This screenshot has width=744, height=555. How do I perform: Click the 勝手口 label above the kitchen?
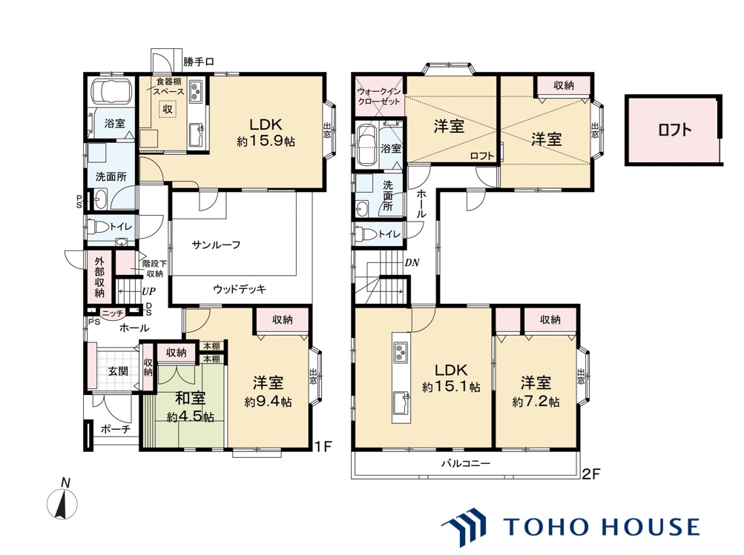tap(199, 62)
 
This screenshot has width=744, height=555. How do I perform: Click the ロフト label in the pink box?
tap(675, 130)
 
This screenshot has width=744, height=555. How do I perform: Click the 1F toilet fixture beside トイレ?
tap(97, 227)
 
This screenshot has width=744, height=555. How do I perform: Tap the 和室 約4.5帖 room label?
tap(190, 407)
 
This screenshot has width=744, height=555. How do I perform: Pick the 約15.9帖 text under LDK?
tap(266, 142)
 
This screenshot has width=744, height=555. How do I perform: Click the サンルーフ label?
tap(216, 245)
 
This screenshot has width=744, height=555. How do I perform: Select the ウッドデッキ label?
tap(240, 289)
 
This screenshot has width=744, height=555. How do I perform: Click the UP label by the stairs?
tap(148, 291)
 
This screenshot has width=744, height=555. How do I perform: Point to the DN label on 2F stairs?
tap(412, 262)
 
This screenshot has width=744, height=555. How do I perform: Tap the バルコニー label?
tap(466, 463)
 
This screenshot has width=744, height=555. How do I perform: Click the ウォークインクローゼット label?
tap(379, 96)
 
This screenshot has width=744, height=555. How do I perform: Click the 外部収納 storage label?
tap(99, 277)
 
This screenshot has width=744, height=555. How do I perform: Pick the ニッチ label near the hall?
tap(113, 313)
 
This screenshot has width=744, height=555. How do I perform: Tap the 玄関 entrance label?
tap(117, 370)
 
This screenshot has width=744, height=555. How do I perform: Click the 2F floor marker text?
tap(592, 474)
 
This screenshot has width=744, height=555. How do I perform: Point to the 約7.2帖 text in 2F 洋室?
tap(536, 402)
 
